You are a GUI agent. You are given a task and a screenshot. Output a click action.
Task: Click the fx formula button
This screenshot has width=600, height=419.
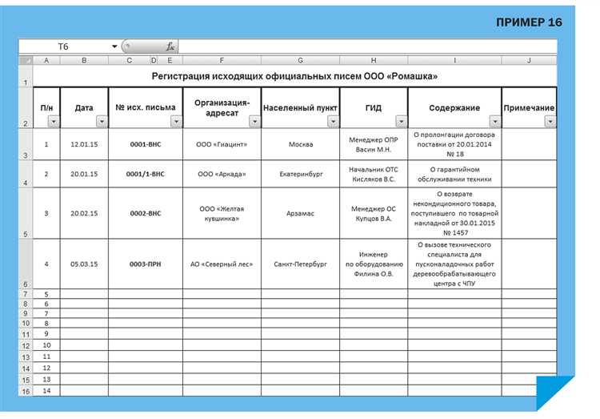[170, 46]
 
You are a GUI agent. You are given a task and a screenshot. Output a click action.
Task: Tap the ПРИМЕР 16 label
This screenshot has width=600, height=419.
[529, 22]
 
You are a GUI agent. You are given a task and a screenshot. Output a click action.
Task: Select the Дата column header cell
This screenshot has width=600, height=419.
[84, 107]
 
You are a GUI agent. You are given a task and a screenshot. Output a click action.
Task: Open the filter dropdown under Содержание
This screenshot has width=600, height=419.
[494, 122]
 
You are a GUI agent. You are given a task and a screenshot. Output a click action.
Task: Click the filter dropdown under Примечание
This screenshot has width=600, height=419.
[550, 122]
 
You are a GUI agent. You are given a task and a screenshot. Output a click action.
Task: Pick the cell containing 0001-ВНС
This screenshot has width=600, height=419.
[145, 145]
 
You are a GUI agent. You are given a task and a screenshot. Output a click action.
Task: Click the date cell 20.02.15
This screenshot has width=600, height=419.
[84, 214]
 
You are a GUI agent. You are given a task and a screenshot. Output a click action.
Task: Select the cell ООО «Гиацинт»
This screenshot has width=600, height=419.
[222, 145]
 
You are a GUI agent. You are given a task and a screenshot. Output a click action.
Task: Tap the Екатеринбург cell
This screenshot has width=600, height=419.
[300, 174]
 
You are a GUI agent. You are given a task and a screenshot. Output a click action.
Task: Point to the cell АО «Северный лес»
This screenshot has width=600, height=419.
[222, 264]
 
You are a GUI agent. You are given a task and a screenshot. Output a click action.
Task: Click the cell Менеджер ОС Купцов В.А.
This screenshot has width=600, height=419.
[374, 214]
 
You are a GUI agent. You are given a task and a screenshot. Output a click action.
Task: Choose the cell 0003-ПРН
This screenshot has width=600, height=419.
[145, 264]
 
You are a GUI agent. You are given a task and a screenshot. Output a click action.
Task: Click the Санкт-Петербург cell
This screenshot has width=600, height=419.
[300, 264]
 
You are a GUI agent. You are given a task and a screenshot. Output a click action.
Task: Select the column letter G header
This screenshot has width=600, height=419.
[300, 60]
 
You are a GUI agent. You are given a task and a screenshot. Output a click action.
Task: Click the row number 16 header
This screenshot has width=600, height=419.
[26, 391]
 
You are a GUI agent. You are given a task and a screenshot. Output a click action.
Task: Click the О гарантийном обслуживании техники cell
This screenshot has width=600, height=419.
[454, 174]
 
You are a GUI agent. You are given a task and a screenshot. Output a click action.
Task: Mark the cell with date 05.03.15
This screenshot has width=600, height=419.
[84, 264]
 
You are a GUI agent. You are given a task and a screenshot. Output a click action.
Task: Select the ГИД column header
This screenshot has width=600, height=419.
[374, 107]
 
